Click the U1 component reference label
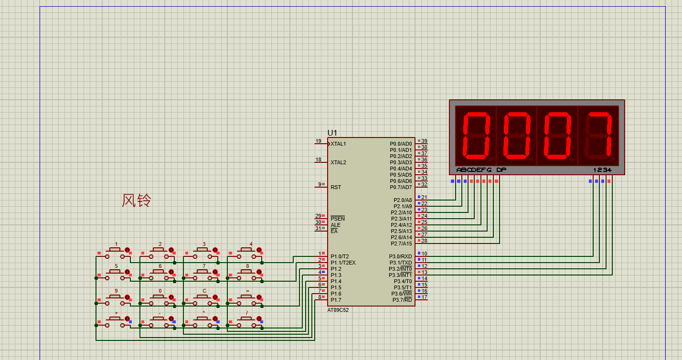332,133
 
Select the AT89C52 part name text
338,310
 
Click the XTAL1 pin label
338,144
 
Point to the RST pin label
336,187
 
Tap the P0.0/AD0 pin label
401,144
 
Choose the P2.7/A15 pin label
401,244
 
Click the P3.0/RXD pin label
400,256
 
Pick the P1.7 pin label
336,300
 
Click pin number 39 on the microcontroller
424,141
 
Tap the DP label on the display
501,170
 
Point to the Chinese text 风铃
137,201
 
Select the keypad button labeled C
202,300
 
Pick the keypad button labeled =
246,300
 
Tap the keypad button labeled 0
159,300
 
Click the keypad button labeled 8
246,275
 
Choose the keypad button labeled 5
115,275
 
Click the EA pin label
334,231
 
